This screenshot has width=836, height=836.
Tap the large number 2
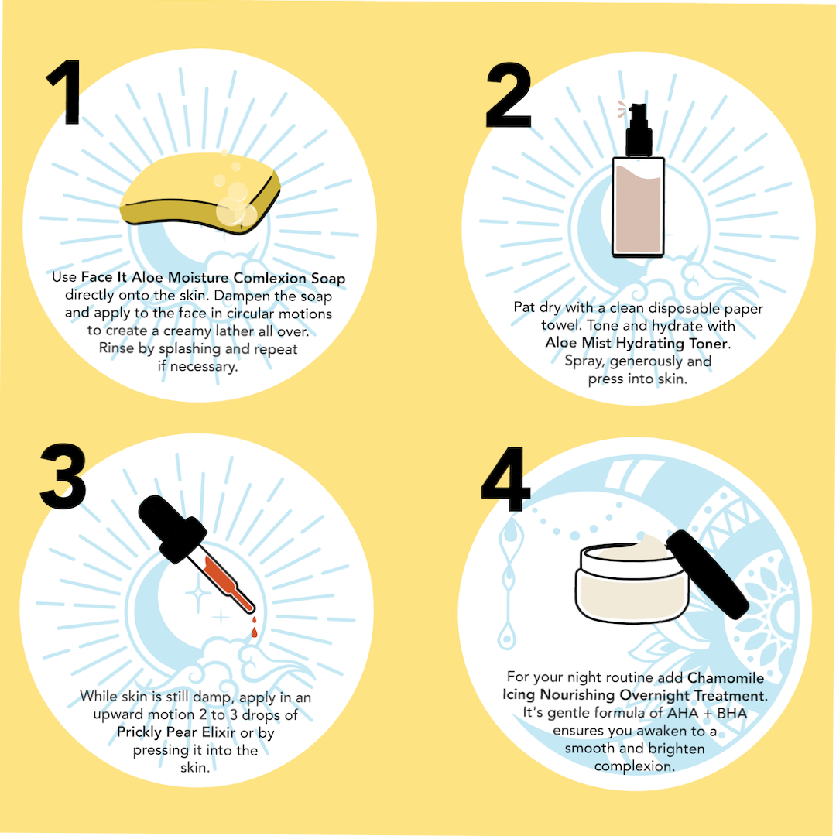(x=509, y=95)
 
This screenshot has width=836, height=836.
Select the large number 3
(x=63, y=475)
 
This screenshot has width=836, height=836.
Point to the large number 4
(x=505, y=479)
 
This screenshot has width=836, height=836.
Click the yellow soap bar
(x=200, y=193)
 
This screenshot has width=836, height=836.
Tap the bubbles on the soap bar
(x=235, y=200)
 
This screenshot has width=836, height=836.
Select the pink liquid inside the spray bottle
(x=638, y=210)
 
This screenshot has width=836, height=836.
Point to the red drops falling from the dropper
(x=255, y=627)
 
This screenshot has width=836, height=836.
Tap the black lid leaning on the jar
(x=708, y=574)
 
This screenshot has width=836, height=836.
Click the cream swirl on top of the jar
(x=637, y=549)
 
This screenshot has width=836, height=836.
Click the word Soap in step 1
(x=328, y=279)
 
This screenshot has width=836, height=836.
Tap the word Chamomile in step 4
(x=725, y=677)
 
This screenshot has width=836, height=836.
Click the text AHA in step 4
(x=683, y=714)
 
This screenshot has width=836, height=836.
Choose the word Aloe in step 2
(x=561, y=342)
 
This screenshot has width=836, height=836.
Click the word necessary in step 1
(x=203, y=368)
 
